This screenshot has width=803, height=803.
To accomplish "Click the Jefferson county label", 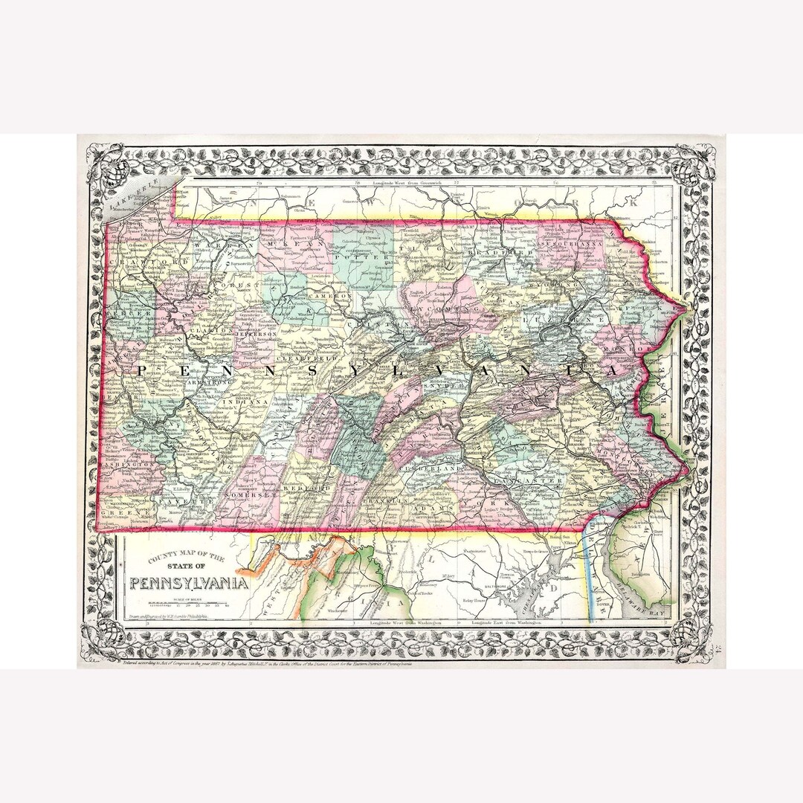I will click(256, 335).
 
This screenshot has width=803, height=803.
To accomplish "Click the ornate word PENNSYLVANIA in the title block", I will click(189, 582).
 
